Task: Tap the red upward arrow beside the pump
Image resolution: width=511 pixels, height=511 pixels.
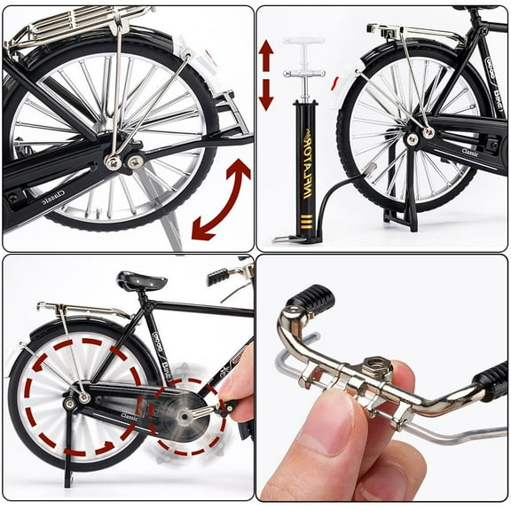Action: pyautogui.click(x=266, y=55)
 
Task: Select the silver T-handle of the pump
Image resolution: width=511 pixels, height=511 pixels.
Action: pyautogui.click(x=303, y=41)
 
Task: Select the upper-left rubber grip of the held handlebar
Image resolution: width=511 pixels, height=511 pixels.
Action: pyautogui.click(x=314, y=299)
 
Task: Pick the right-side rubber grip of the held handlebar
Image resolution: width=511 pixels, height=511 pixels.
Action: pyautogui.click(x=491, y=381)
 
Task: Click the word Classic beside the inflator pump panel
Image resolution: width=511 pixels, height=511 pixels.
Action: pyautogui.click(x=469, y=153)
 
